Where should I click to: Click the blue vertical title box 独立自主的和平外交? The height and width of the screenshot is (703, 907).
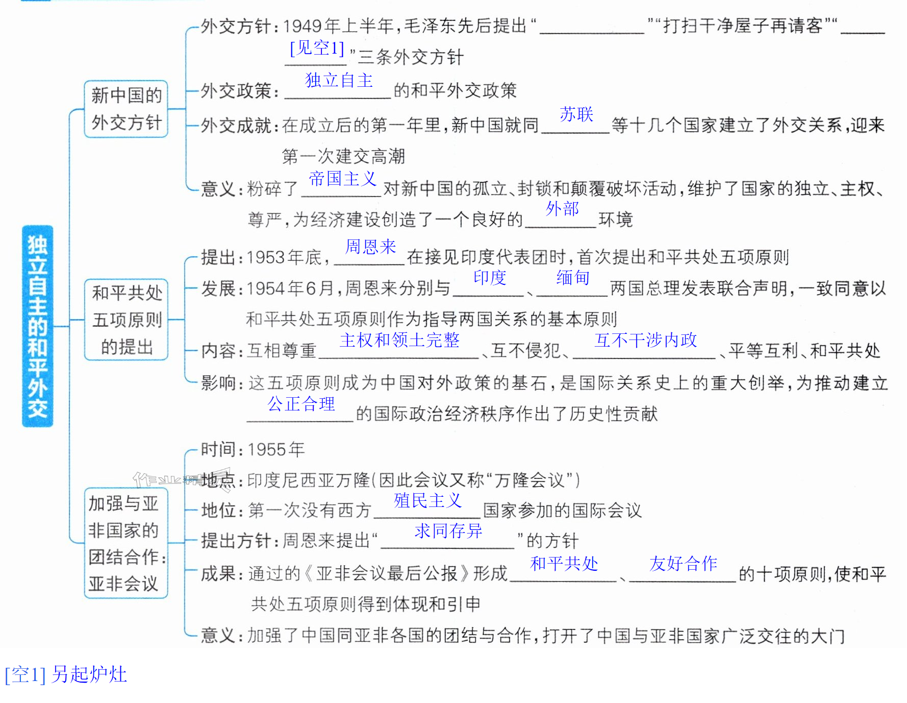click(38, 326)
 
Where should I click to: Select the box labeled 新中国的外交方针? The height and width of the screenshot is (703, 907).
click(126, 109)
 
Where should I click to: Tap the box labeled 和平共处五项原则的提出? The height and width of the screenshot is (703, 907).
click(126, 320)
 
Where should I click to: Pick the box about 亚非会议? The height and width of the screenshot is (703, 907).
click(126, 543)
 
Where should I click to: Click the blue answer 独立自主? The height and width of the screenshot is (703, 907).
click(339, 80)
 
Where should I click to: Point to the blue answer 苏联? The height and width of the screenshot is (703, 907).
click(576, 114)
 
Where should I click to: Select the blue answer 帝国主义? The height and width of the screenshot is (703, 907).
click(342, 178)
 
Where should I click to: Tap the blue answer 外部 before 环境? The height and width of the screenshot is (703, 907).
click(562, 208)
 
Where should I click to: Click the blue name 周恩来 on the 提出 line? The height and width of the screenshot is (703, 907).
click(371, 247)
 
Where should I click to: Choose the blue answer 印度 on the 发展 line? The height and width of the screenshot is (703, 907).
click(490, 277)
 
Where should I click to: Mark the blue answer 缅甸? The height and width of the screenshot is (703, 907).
click(573, 277)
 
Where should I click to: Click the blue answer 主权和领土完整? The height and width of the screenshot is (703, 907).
click(399, 340)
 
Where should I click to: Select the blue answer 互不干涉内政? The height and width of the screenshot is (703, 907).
click(645, 340)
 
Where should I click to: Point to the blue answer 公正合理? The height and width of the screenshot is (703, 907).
click(301, 404)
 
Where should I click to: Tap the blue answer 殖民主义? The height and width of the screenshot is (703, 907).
click(427, 500)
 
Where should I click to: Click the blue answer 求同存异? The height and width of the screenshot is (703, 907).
click(448, 531)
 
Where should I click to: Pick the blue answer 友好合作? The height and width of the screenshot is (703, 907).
click(683, 563)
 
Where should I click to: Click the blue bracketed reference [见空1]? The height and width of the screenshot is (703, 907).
click(317, 48)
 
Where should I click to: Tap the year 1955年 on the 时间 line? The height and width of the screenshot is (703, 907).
click(276, 449)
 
